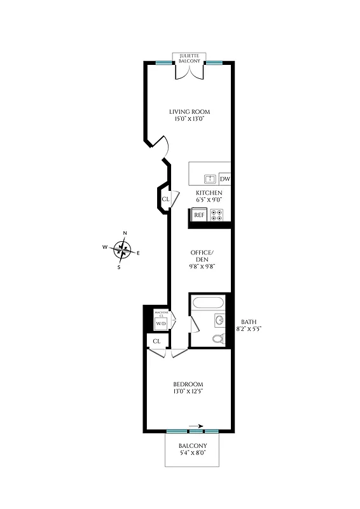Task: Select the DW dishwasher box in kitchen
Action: point(225,179)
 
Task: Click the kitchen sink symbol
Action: point(209,179)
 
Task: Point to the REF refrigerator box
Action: point(199,215)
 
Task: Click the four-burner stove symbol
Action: point(218,215)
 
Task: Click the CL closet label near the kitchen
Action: point(165,199)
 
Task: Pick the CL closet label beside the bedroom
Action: point(155,342)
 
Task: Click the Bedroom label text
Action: point(188,384)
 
